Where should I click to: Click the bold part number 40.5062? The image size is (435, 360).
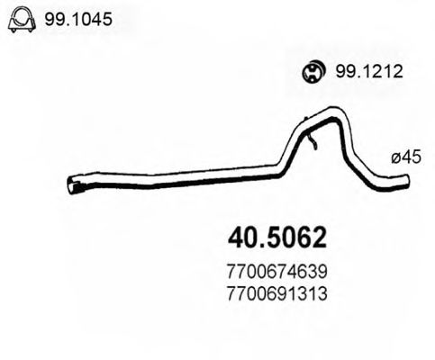pyautogui.click(x=274, y=237)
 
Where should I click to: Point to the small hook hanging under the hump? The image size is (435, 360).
pyautogui.click(x=312, y=141)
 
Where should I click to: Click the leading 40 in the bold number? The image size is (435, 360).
pyautogui.click(x=236, y=237)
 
